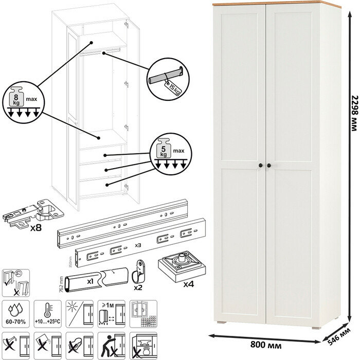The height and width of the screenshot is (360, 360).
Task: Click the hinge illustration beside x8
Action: (x=31, y=211)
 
